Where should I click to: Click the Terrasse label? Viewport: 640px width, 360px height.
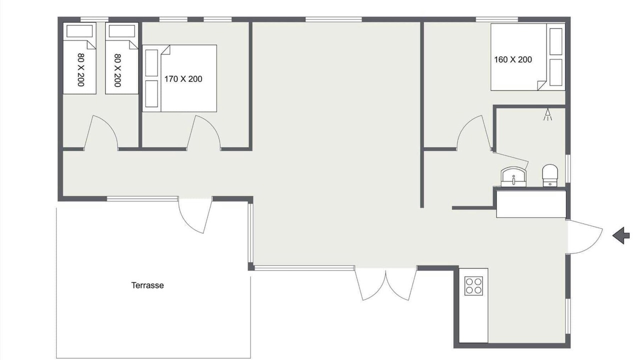coord(147,285)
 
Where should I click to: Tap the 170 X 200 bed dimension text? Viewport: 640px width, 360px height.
coord(183,79)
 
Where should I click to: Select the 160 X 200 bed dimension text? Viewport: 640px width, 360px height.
coord(513,59)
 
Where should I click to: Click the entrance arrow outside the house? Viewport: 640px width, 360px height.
coord(621,235)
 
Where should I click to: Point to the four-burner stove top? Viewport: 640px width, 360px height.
coord(473,285)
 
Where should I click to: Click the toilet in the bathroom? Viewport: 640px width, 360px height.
coord(550,175)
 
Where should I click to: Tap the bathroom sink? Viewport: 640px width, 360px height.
coord(513,177)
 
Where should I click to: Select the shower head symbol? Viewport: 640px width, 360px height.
coord(547,114)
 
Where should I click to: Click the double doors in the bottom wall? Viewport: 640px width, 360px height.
coord(385,284)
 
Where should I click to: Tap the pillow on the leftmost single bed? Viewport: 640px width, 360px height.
coord(79,31)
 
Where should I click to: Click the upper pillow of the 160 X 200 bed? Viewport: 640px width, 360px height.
coord(555,41)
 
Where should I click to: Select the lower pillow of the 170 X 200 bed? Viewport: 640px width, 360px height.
coord(151,93)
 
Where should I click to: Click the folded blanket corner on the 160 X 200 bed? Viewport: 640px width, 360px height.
coord(541,85)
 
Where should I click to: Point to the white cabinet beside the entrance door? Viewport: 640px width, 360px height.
coord(531,204)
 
